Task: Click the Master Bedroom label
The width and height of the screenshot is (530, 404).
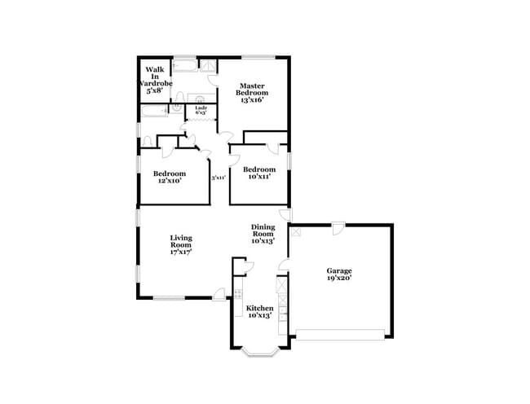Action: click(x=252, y=89)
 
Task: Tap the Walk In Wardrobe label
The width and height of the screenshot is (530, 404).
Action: click(x=155, y=79)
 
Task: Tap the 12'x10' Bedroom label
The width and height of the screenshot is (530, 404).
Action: click(x=169, y=177)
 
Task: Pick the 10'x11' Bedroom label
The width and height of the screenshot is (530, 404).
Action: click(x=259, y=173)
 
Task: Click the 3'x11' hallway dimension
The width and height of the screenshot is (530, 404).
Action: click(x=219, y=178)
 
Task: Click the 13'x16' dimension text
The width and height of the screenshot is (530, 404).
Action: click(x=252, y=99)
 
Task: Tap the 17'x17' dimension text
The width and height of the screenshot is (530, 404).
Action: click(x=181, y=253)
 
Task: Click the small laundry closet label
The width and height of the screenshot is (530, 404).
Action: click(x=200, y=110)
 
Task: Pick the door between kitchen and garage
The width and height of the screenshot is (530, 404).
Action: click(x=283, y=265)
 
